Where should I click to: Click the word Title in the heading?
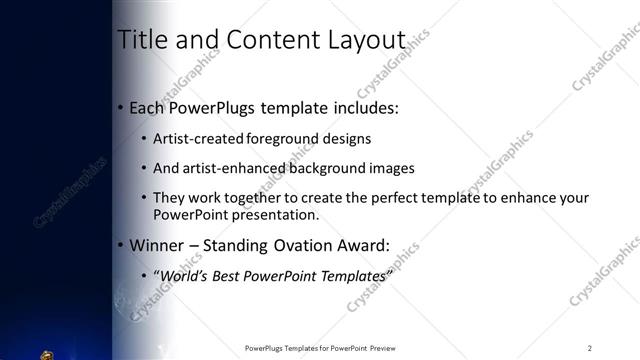click(x=139, y=40)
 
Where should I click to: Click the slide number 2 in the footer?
click(x=590, y=348)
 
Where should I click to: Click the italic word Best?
click(x=221, y=275)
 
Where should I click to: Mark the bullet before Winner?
click(x=121, y=244)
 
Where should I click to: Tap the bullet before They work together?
click(x=144, y=198)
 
